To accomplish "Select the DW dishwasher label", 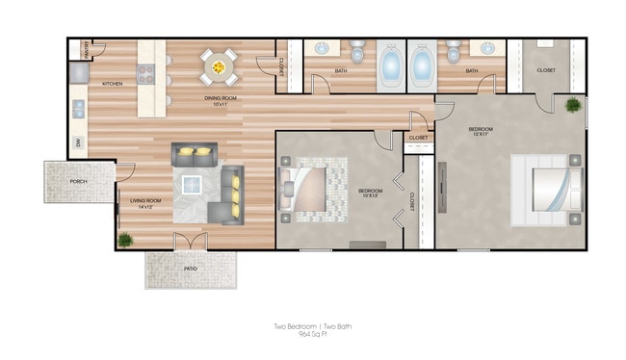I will pos(78,143).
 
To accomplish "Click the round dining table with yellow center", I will pos(219,67).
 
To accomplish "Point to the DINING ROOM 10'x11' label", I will pos(222,100).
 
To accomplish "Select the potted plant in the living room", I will pos(124,239).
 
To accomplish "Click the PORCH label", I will pos(79,181).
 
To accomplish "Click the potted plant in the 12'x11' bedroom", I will pos(574,105).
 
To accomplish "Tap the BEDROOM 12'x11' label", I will pos(482,132).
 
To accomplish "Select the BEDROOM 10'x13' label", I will pos(371,193).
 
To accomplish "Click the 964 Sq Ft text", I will pos(312,336).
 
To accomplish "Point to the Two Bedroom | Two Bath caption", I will pos(312,327).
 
